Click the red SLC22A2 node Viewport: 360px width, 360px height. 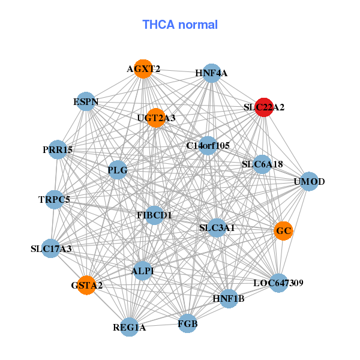[x=264, y=107]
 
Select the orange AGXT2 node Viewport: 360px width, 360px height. [x=143, y=68]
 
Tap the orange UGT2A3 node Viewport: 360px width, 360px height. [x=155, y=118]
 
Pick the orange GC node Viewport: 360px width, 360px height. [x=283, y=230]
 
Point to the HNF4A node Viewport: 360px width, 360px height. [x=211, y=73]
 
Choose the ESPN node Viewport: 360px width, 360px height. [x=86, y=102]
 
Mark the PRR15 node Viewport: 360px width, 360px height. [x=58, y=149]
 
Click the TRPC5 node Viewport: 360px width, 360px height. [x=54, y=199]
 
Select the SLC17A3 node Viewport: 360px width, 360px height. [x=51, y=248]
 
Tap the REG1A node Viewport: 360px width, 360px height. [x=129, y=327]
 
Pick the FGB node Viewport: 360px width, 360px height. [x=188, y=324]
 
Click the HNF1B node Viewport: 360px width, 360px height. [x=229, y=298]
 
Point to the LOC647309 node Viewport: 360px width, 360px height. [x=278, y=283]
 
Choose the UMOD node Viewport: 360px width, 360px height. [x=309, y=181]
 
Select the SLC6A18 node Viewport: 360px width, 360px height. [x=262, y=164]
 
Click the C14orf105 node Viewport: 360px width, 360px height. [x=208, y=145]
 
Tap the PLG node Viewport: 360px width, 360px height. [x=118, y=170]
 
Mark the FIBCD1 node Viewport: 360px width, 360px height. [x=154, y=215]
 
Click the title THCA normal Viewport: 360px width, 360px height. [x=180, y=25]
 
